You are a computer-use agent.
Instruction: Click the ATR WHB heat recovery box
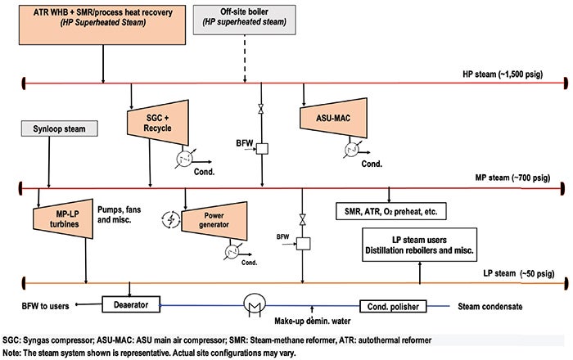pos(102,25)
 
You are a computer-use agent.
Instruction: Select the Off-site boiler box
pos(244,20)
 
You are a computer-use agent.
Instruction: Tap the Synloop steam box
pos(59,129)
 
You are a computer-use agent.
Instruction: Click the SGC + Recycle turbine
pos(158,123)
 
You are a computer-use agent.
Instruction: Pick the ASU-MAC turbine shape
pos(333,118)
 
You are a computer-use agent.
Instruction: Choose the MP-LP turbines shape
pos(63,218)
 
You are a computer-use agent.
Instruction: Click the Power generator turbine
pos(214,221)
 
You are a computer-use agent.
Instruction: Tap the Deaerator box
pos(131,304)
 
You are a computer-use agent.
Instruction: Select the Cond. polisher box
pos(393,306)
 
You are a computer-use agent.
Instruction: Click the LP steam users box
pos(419,245)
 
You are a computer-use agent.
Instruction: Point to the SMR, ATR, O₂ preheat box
pos(391,211)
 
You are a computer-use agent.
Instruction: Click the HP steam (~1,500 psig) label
pos(503,74)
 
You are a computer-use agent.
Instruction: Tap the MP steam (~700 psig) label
pos(512,178)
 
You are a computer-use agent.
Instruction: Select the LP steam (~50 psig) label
pos(518,273)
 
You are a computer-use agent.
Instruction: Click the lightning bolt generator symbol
pos(171,220)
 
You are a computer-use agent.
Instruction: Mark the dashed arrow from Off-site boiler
pos(245,58)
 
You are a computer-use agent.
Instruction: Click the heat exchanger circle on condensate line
pos(255,304)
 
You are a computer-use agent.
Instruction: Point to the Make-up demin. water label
pos(313,321)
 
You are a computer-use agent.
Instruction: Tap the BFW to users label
pos(45,306)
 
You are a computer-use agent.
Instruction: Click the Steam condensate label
pos(490,307)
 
